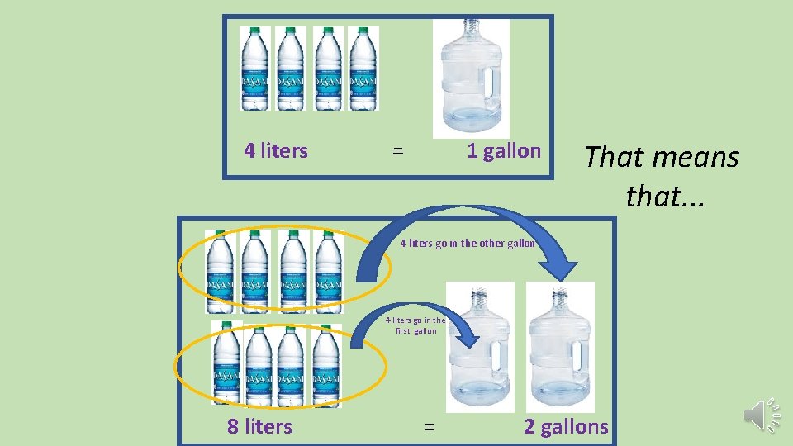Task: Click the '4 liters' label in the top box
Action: pos(276,151)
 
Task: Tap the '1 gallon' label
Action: pos(503,151)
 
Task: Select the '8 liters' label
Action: pos(259,426)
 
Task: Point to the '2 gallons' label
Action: pos(566,426)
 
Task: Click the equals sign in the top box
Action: pos(398,152)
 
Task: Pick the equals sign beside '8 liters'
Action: pos(429,427)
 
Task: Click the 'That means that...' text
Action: pos(661,175)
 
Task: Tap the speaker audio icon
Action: pos(760,414)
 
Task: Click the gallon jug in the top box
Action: pos(471,79)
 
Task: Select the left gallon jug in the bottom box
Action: pos(479,346)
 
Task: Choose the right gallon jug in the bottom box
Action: pos(560,346)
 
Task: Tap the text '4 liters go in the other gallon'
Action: pos(468,244)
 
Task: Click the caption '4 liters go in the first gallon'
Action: pos(415,325)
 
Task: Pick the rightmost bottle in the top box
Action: pos(363,69)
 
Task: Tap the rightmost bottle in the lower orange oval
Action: pos(326,364)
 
